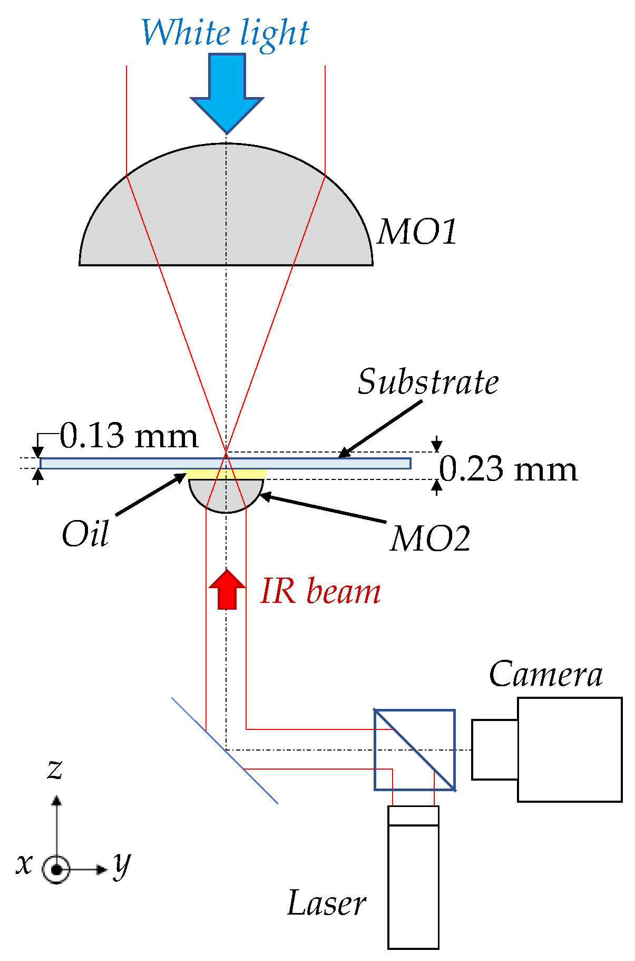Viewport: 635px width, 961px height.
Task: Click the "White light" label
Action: tap(225, 33)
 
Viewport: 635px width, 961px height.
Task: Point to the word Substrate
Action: tap(428, 382)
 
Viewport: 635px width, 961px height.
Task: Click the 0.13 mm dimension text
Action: tap(129, 436)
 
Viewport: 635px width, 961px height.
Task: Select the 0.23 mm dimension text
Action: tap(508, 469)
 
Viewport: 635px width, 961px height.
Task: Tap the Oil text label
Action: tap(85, 534)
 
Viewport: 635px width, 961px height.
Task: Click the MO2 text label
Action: tap(430, 539)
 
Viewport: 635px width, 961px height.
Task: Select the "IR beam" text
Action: tap(320, 591)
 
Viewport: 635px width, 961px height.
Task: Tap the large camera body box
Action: tap(570, 749)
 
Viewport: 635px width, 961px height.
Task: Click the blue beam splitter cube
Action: tap(414, 749)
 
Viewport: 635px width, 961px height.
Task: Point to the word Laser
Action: tap(327, 903)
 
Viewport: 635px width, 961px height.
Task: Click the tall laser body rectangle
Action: tap(413, 886)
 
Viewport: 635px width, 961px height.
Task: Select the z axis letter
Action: tap(55, 768)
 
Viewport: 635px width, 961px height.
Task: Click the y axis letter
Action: tap(122, 864)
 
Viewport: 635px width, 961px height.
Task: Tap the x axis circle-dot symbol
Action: tap(56, 869)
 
